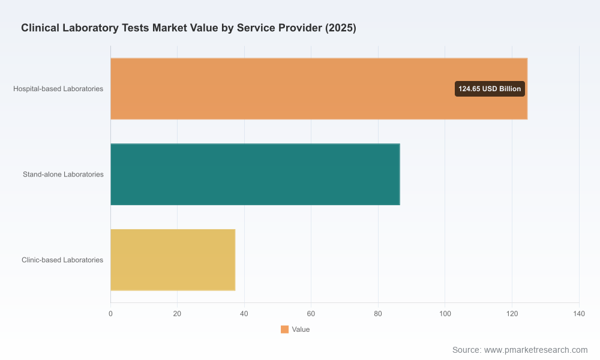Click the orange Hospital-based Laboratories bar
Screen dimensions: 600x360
click(319, 89)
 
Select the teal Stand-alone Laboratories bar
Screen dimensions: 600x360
click(255, 175)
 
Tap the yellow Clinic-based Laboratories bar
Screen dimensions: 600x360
click(173, 260)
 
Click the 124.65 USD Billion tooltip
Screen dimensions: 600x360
click(490, 89)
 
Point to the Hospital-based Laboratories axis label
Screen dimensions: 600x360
click(58, 89)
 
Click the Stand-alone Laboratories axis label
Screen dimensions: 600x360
click(63, 175)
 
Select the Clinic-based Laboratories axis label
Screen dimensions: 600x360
click(62, 260)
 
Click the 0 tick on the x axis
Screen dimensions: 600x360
click(110, 314)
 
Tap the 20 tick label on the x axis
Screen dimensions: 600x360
click(177, 314)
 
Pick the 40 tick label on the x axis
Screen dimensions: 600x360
click(244, 314)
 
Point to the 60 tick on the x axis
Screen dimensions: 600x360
click(311, 314)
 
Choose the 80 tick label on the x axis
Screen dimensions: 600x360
click(378, 314)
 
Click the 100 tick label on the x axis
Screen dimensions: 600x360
click(445, 314)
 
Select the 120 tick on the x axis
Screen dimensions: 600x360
click(512, 314)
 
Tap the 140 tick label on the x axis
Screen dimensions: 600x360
click(579, 314)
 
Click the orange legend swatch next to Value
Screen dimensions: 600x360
click(284, 329)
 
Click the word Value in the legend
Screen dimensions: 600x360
click(301, 329)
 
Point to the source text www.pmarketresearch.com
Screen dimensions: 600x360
click(536, 350)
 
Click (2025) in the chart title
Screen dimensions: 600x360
click(341, 28)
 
